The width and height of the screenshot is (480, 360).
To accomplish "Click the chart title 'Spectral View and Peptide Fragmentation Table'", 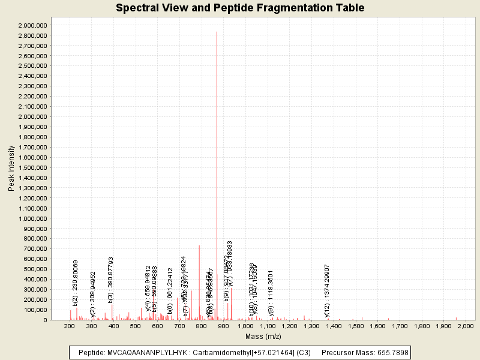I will click(x=240, y=8).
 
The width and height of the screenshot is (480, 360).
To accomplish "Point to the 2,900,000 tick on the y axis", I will click(x=33, y=26).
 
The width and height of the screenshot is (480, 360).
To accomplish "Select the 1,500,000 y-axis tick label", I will click(x=33, y=167).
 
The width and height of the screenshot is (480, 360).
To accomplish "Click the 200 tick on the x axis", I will click(x=70, y=326).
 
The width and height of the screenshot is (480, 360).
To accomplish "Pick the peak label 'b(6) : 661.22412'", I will click(x=170, y=291).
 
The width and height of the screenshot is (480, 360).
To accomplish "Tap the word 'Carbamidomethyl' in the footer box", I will click(x=219, y=352).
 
